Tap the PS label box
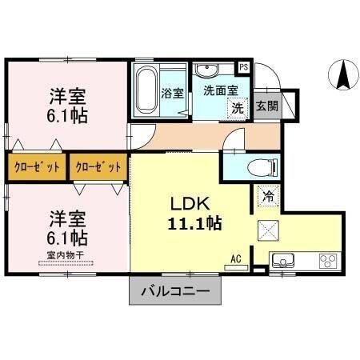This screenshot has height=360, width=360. (x=245, y=67)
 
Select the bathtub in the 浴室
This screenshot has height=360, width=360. (x=147, y=90)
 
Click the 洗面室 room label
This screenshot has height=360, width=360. (x=218, y=90)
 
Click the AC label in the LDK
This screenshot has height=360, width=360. (x=236, y=258)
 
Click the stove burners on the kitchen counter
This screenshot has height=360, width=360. (x=328, y=260)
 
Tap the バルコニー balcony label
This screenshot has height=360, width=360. (x=174, y=291)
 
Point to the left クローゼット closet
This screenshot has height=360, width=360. (x=35, y=167)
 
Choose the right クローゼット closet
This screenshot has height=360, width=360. (x=98, y=167)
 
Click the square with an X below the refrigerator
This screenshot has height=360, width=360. (x=268, y=232)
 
